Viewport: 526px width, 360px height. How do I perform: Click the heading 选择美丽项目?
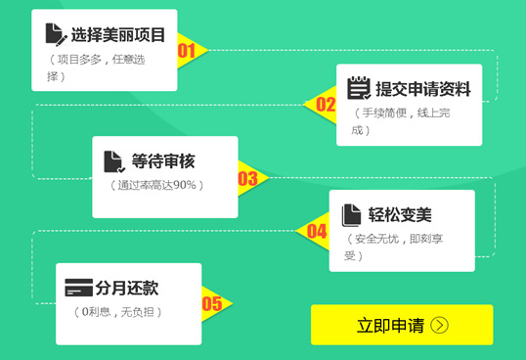coord(118,35)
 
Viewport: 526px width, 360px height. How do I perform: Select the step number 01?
coord(187,50)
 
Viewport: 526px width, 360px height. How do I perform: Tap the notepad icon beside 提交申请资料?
coord(359,88)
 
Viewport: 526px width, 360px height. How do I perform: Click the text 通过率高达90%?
coord(156,185)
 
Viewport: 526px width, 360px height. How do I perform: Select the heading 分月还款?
coord(126,288)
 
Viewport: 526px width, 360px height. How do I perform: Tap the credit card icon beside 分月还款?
coord(78,288)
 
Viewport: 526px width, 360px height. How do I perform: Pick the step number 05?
coord(211,303)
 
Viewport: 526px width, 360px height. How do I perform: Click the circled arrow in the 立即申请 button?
coord(438,326)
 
